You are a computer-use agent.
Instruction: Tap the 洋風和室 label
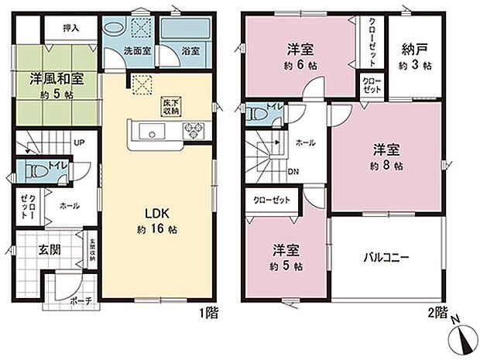pos(57,78)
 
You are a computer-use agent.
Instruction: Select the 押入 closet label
pos(70,28)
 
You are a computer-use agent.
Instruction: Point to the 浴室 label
pos(190,51)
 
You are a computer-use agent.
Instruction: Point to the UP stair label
pos(79,143)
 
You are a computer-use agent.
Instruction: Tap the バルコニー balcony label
pos(385,255)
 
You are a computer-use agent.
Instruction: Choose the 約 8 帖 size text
pos(386,166)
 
